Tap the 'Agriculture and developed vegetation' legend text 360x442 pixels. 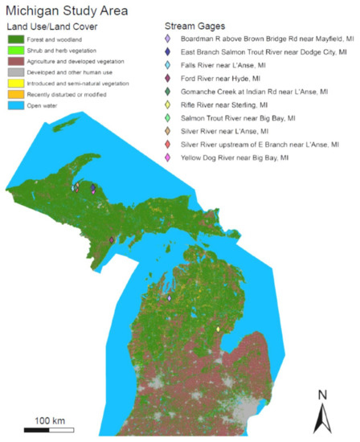coord(77,61)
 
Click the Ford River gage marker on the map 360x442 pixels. coord(111,239)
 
